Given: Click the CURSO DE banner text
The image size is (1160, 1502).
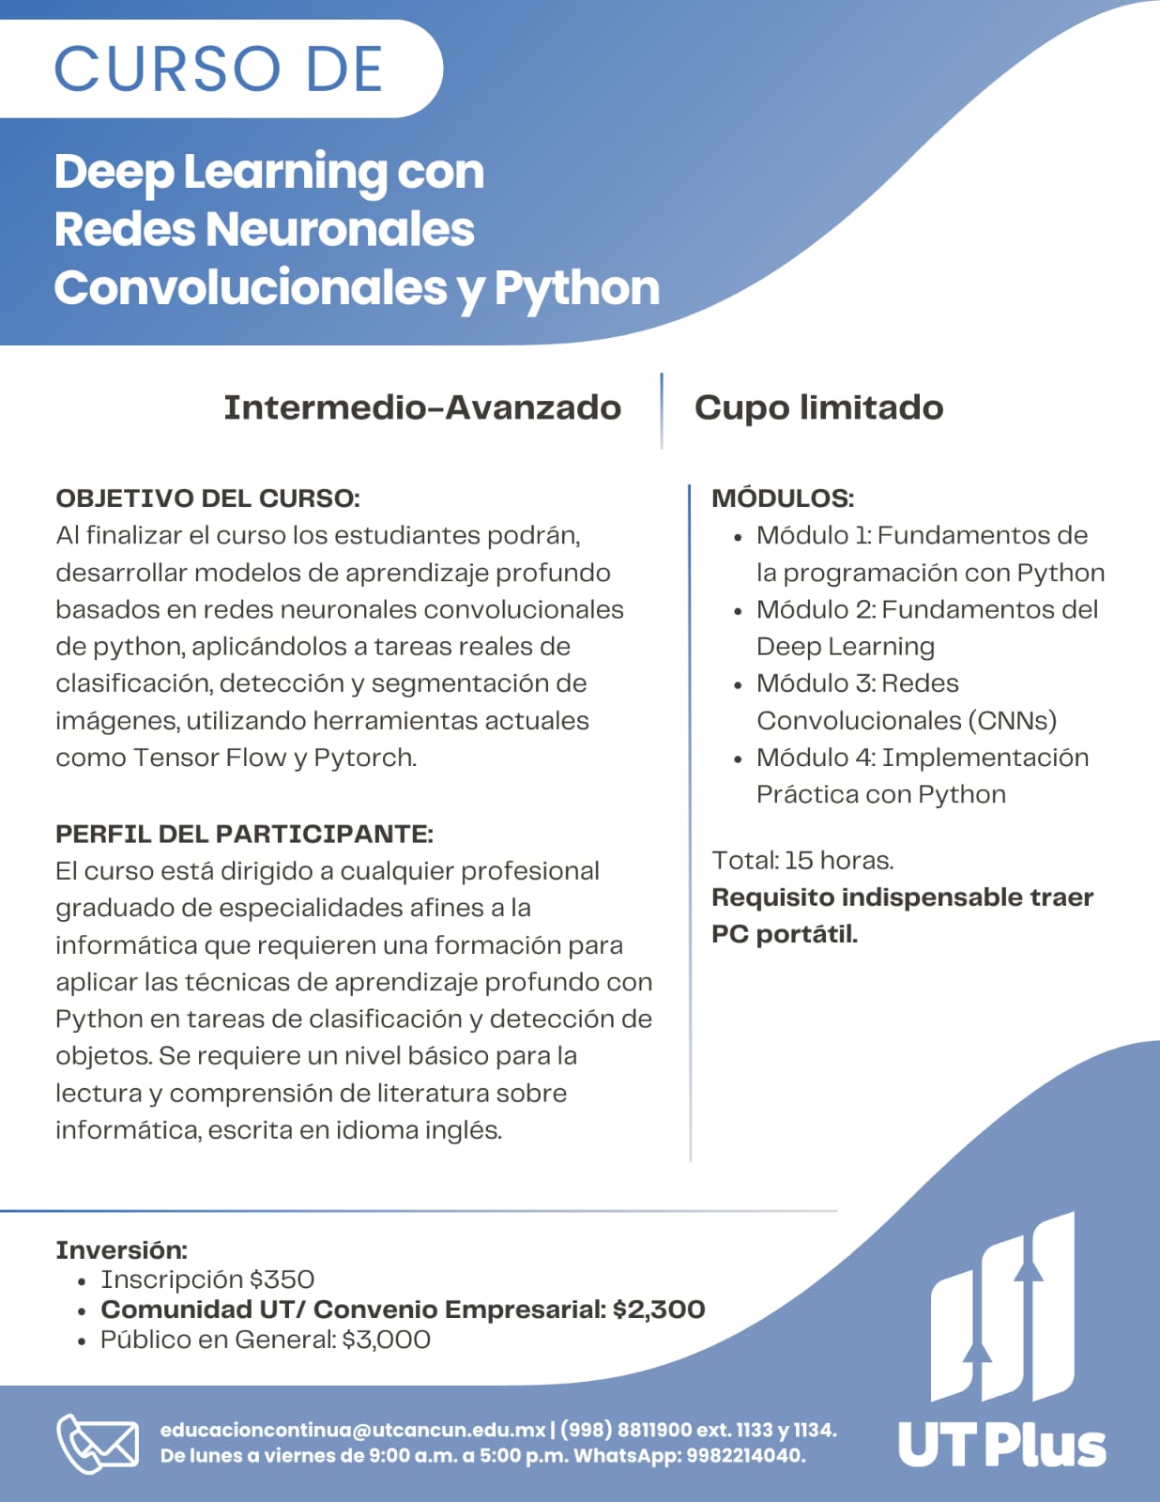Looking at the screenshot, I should (x=219, y=69).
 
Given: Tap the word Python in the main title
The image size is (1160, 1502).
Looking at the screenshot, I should (x=577, y=288).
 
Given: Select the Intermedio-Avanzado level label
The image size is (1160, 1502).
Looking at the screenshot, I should (x=422, y=407).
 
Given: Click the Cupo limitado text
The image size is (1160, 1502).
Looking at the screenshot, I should (x=818, y=407).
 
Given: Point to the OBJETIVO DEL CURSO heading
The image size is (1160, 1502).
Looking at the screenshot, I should (x=207, y=498).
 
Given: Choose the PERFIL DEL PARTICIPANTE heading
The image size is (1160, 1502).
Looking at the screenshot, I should (x=244, y=834).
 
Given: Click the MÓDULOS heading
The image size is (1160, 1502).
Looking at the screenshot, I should (x=783, y=498).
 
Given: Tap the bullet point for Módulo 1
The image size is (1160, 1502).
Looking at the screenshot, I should (x=738, y=538).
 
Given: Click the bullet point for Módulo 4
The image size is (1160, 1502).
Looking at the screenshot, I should (x=738, y=759).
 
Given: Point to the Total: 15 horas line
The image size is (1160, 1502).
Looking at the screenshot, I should (x=802, y=860).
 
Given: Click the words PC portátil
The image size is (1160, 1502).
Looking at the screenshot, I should (x=785, y=934).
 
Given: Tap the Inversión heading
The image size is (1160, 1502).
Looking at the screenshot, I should (x=121, y=1250).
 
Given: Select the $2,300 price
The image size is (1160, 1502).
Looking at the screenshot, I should (x=659, y=1310).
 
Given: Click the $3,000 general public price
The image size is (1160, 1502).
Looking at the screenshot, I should (x=386, y=1340).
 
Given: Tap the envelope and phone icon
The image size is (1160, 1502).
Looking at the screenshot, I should (x=98, y=1443).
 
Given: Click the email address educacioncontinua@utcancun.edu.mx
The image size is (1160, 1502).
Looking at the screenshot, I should (x=353, y=1430).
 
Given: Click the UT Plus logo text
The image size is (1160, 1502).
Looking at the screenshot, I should (x=1001, y=1446).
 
